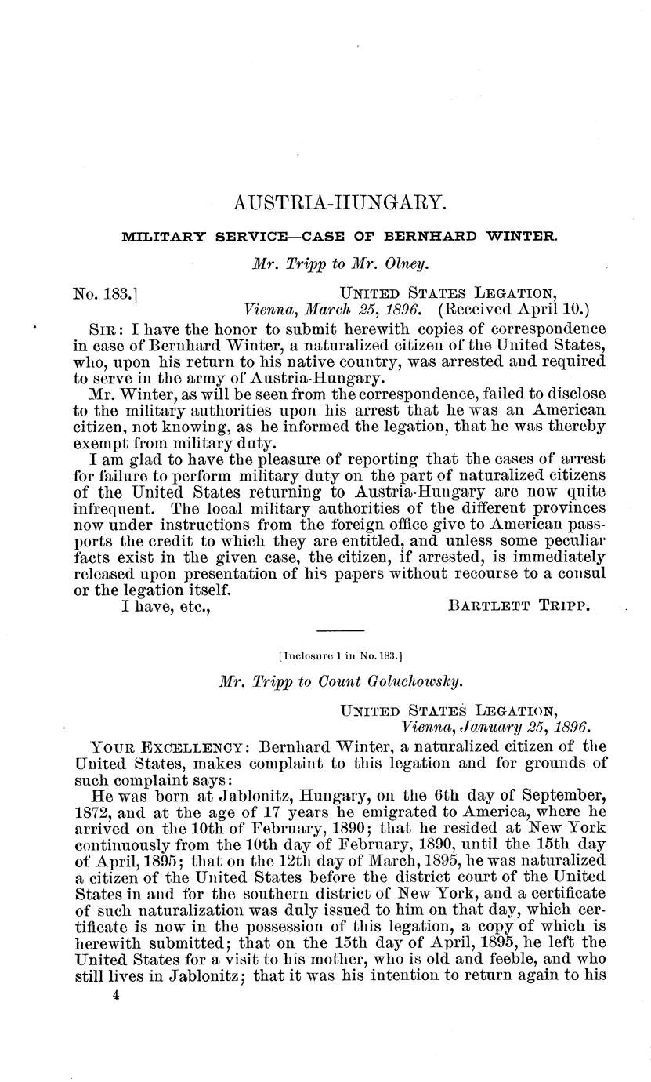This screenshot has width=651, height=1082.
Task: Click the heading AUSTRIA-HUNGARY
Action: click(x=340, y=204)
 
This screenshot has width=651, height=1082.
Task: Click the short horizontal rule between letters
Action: click(x=340, y=631)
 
